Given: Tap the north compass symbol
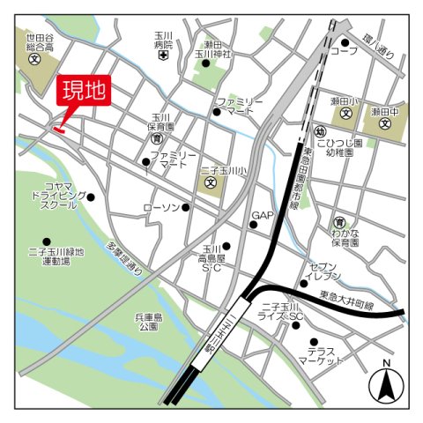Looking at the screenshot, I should click(x=386, y=382).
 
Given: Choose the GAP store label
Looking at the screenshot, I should click(x=263, y=216).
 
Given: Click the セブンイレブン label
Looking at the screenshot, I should click(x=323, y=271).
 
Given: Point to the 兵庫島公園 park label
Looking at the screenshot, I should click(x=148, y=321).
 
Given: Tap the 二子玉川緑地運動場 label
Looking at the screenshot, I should click(x=56, y=256).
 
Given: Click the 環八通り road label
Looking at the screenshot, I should click(x=380, y=41).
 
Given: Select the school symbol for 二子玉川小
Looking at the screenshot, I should click(x=211, y=183).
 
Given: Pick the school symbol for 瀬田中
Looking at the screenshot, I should click(x=385, y=124).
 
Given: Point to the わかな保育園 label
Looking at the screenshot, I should click(x=345, y=235).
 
